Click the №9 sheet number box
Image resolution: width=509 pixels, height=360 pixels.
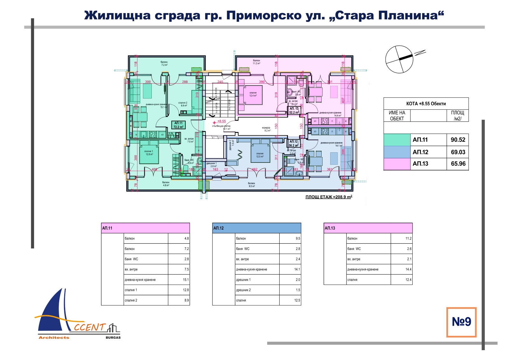461,322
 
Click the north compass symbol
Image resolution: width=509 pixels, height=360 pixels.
400,59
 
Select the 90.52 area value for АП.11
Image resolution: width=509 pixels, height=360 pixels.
458,140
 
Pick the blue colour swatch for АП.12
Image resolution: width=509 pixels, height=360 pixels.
397,152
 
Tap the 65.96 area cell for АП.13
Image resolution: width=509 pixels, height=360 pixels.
458,164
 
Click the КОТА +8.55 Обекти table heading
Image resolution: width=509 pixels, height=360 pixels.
426,104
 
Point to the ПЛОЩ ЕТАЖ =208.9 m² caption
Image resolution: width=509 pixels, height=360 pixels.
329,197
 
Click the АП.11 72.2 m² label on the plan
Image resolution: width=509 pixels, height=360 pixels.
178,125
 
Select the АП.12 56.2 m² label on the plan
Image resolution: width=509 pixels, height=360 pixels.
294,143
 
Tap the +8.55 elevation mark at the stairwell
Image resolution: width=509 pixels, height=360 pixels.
221,121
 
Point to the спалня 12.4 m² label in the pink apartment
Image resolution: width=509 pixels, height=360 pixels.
253,94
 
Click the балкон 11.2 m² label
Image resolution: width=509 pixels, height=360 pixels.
256,62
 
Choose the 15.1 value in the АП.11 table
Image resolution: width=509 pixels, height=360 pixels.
186,280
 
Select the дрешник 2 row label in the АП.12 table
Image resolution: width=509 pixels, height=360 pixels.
243,290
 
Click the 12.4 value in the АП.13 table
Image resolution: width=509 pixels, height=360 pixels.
408,280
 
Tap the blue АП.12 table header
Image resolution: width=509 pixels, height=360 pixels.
256,228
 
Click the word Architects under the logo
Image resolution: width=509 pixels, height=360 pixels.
54,337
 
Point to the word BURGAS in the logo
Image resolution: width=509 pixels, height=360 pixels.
113,337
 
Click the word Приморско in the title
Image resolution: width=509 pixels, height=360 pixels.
264,15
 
